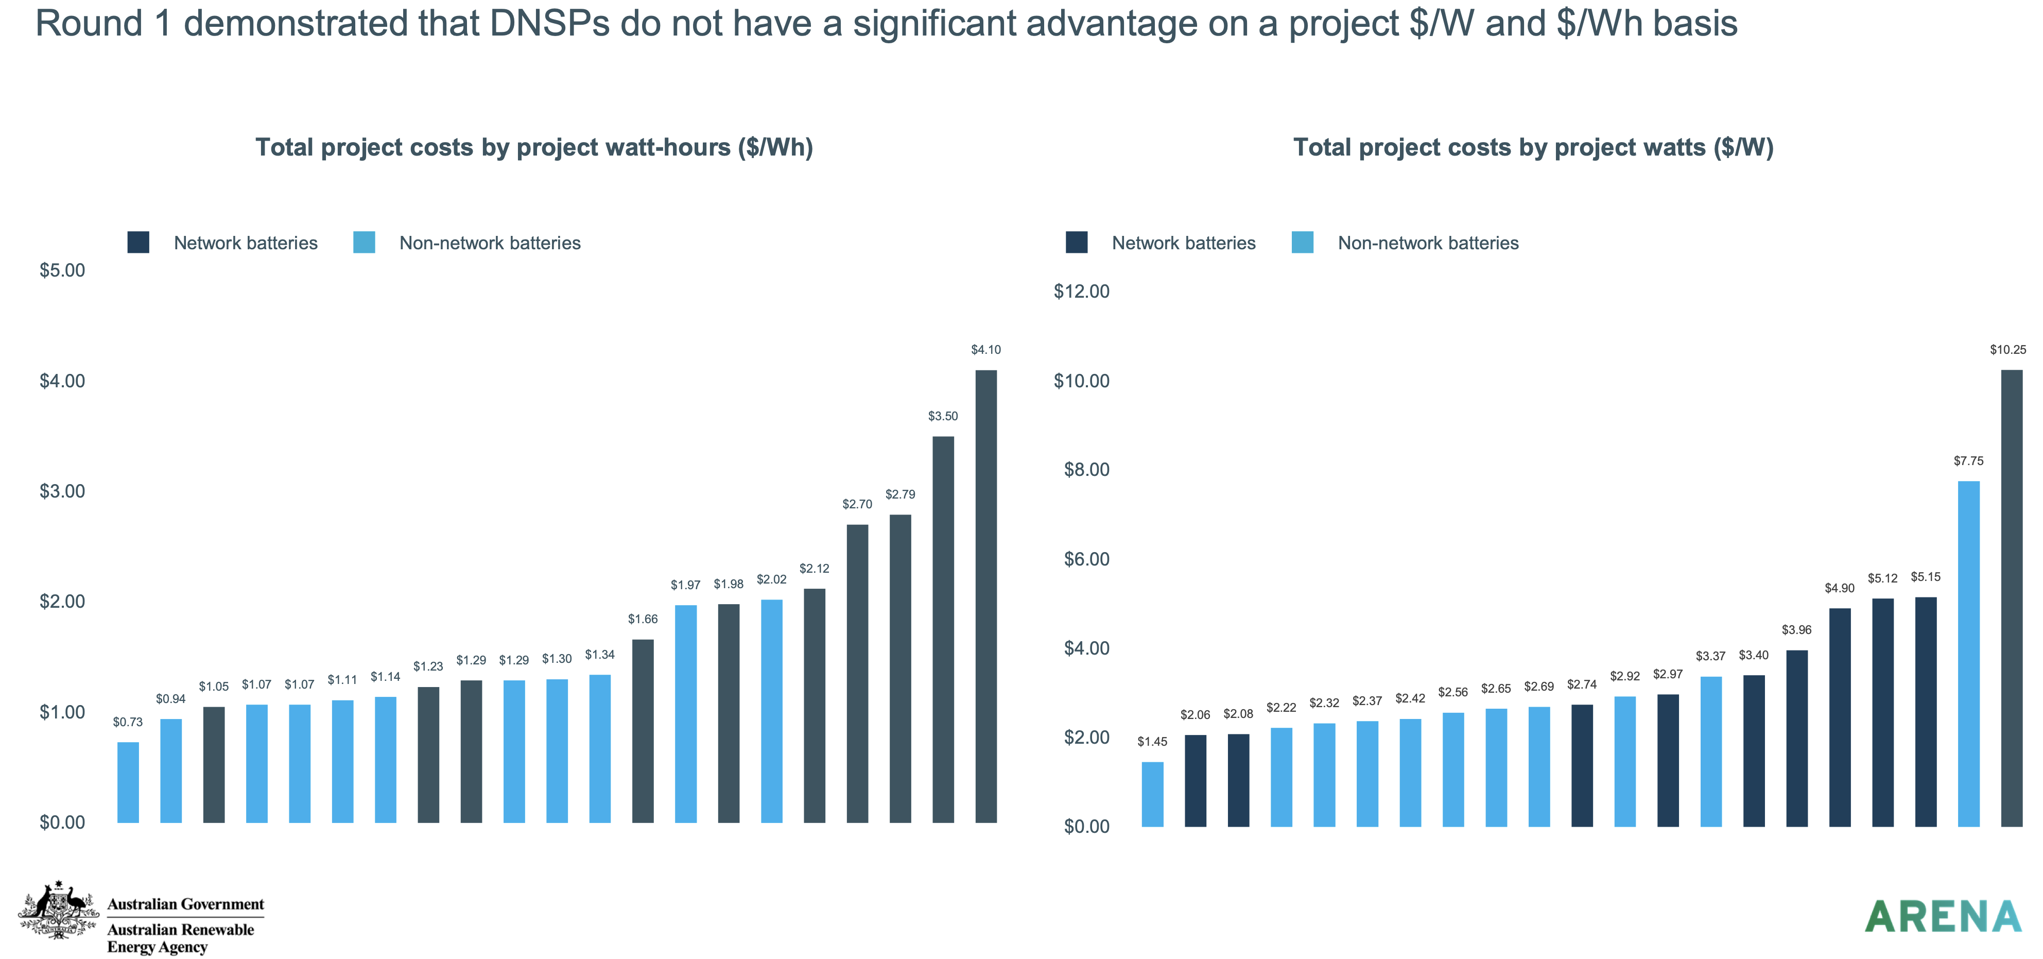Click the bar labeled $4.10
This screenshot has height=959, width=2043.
click(x=986, y=596)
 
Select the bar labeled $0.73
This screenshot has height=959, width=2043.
click(x=128, y=782)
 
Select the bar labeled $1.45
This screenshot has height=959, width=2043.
click(x=1152, y=794)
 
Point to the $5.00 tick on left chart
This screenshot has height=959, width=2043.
click(x=62, y=270)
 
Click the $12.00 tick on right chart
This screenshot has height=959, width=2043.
click(x=1081, y=291)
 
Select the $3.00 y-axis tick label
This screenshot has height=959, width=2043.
click(x=62, y=491)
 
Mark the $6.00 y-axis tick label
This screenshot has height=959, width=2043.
click(x=1086, y=559)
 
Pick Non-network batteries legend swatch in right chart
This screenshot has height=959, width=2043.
click(x=1302, y=243)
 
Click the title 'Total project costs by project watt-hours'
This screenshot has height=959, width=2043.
click(x=534, y=147)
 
